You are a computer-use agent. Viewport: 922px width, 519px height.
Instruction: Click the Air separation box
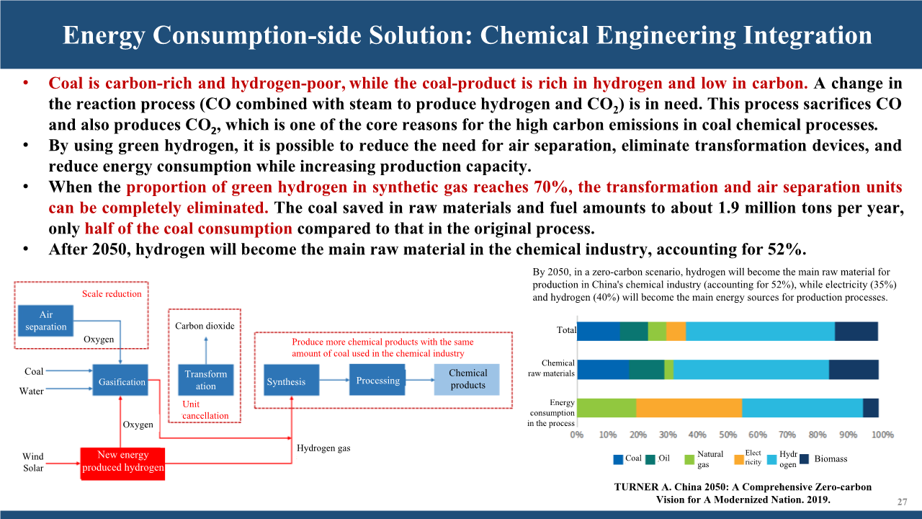tap(45, 321)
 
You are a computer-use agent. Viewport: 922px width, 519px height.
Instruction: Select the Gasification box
tap(120, 380)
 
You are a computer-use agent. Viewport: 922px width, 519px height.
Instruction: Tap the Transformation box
tap(206, 380)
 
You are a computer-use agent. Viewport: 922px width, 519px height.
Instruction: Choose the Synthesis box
tap(292, 380)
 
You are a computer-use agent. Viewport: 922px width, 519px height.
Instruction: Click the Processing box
tap(377, 380)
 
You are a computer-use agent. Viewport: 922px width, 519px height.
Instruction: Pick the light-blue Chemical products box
tap(467, 379)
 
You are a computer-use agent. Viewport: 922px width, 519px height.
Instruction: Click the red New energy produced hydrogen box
tap(122, 463)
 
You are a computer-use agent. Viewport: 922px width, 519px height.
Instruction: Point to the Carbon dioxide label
tap(205, 326)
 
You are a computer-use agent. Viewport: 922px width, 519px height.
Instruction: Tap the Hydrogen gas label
tap(323, 448)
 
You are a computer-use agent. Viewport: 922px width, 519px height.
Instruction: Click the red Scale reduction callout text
tap(112, 293)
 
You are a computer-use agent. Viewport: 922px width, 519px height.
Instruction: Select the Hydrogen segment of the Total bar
tap(760, 331)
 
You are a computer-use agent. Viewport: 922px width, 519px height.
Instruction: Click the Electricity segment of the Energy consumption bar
tap(689, 408)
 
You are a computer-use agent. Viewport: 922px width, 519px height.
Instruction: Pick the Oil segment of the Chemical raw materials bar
tap(647, 370)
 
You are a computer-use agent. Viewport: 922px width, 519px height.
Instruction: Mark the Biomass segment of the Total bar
tap(856, 331)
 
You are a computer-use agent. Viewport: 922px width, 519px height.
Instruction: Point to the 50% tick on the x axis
tap(728, 435)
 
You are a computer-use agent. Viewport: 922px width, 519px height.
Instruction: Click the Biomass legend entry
tap(823, 459)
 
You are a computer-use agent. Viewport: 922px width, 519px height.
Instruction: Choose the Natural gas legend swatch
tap(689, 460)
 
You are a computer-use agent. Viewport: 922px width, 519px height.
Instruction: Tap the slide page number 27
tap(903, 502)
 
